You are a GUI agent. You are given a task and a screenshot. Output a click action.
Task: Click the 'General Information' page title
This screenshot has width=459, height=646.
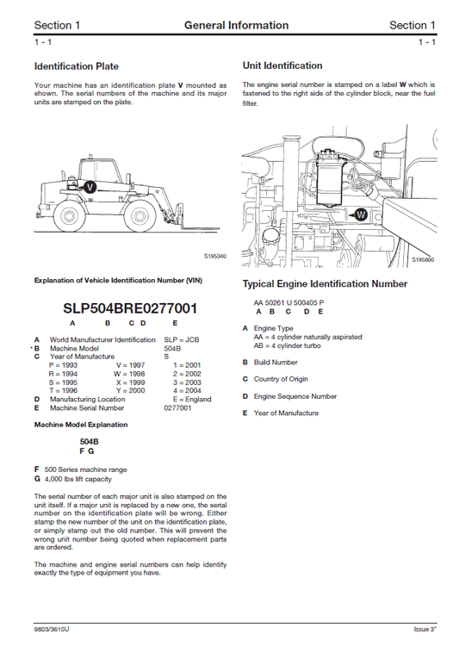pos(236,25)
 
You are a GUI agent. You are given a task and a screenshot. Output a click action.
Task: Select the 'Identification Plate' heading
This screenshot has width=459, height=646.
pos(76,65)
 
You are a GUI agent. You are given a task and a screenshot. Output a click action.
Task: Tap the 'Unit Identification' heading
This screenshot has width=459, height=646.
pos(282,65)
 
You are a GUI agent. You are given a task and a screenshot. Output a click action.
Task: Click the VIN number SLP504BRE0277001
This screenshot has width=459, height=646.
pos(130,307)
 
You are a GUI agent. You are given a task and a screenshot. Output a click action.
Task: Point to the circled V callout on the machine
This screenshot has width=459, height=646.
pos(89,185)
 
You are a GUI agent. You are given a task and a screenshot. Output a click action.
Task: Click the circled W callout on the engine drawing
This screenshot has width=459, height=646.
pos(362,214)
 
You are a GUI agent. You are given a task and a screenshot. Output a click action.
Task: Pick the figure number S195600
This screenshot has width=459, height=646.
pos(423,258)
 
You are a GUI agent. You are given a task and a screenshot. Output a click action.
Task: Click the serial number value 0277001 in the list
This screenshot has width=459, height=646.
pos(177,407)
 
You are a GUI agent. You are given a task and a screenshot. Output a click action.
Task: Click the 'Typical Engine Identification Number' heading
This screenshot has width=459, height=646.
pos(325,283)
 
